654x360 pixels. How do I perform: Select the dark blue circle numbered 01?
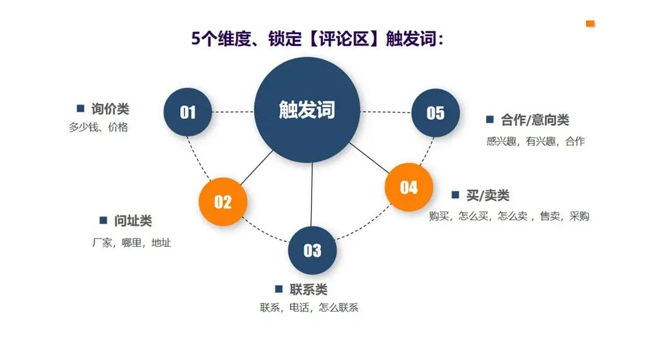pos(188,112)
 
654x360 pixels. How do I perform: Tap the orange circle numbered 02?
pos(223,201)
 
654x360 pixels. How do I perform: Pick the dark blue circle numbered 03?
pos(312,250)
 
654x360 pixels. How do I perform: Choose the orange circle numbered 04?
pos(409,187)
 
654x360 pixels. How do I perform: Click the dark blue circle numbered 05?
pos(435,113)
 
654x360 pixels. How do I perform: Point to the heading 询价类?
pos(110,109)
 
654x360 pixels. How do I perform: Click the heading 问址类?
pos(133,221)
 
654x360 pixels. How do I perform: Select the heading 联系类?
pos(308,290)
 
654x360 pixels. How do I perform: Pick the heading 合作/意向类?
pos(535,120)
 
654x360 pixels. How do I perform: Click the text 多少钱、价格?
pos(98,127)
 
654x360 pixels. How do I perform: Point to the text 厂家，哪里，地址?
pos(131,242)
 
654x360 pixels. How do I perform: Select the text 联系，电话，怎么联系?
pos(309,308)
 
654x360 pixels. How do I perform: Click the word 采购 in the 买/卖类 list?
pos(579,216)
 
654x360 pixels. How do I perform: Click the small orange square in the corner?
pos(590,23)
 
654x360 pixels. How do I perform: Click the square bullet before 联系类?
pos(279,289)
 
